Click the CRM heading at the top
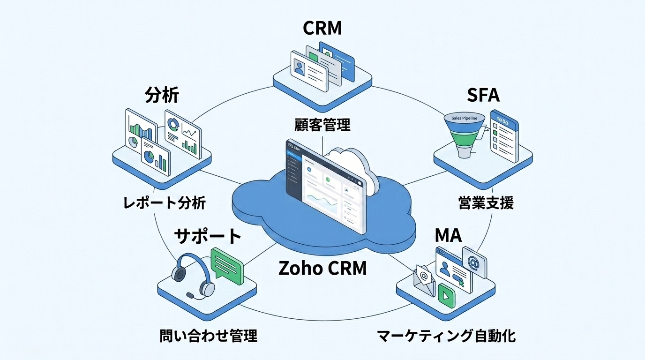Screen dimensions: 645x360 (322, 28)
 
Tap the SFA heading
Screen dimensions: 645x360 (483, 95)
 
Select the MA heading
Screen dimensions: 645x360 (448, 235)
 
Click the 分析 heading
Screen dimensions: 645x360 (162, 95)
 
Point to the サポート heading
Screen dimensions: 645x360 (208, 236)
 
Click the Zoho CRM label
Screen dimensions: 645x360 (322, 268)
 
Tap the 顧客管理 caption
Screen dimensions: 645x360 (322, 125)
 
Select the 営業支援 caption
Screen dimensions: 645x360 (486, 202)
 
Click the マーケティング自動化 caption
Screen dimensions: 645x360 (446, 336)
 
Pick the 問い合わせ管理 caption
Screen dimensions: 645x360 (209, 336)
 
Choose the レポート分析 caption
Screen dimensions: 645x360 (165, 202)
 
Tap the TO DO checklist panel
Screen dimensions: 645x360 (504, 136)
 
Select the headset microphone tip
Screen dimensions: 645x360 (190, 295)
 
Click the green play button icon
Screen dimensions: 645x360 (446, 296)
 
